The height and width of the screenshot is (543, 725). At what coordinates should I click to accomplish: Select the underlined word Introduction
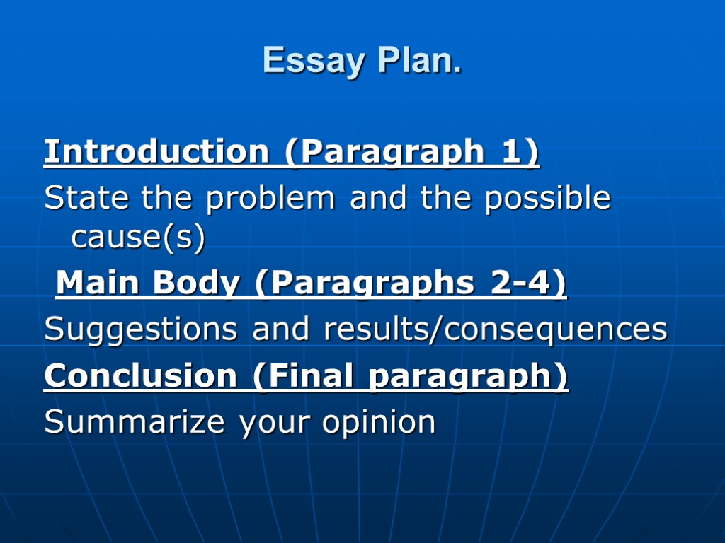pos(156,152)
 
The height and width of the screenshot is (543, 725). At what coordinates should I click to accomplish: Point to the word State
pos(86,198)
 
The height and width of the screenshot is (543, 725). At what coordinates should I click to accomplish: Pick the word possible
pos(547,199)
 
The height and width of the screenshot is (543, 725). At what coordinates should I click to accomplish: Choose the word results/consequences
pos(496,330)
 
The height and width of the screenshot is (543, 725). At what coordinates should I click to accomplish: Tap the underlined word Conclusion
pos(140,375)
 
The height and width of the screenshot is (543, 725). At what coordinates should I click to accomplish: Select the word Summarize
pos(135,422)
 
